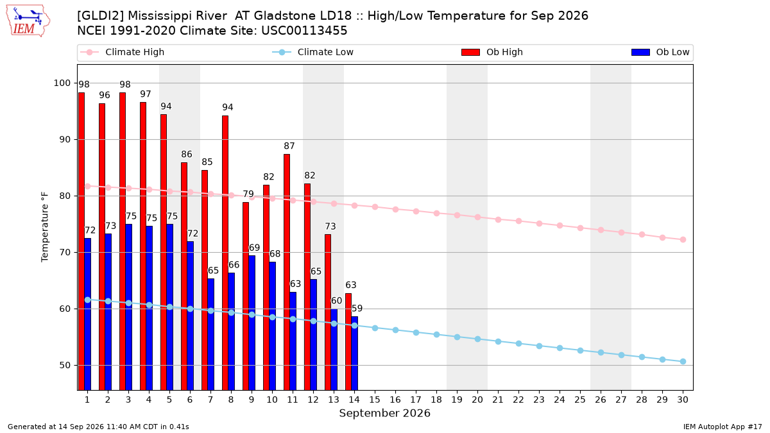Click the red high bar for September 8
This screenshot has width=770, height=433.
(225, 253)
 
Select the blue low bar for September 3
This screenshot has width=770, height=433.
(128, 307)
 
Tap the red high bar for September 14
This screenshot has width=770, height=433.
(348, 342)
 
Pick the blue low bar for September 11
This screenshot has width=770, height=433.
(293, 341)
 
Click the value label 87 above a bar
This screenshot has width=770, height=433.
(289, 146)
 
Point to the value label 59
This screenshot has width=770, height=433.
(357, 309)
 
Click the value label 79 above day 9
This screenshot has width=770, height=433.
(248, 194)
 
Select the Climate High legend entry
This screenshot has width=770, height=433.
(123, 52)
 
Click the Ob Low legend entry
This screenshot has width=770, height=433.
(660, 52)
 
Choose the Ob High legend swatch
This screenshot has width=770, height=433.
(470, 52)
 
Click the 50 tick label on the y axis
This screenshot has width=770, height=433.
(65, 365)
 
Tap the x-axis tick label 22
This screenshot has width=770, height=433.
(518, 400)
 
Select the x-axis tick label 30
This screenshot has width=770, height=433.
(683, 400)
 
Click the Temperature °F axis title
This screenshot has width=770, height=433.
(45, 228)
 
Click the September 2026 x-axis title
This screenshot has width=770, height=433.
(384, 413)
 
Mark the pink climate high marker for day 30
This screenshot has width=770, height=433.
(683, 239)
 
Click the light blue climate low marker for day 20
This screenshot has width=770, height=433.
(477, 339)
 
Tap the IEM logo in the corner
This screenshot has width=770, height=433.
(28, 21)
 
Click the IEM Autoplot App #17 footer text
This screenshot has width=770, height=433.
(723, 427)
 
